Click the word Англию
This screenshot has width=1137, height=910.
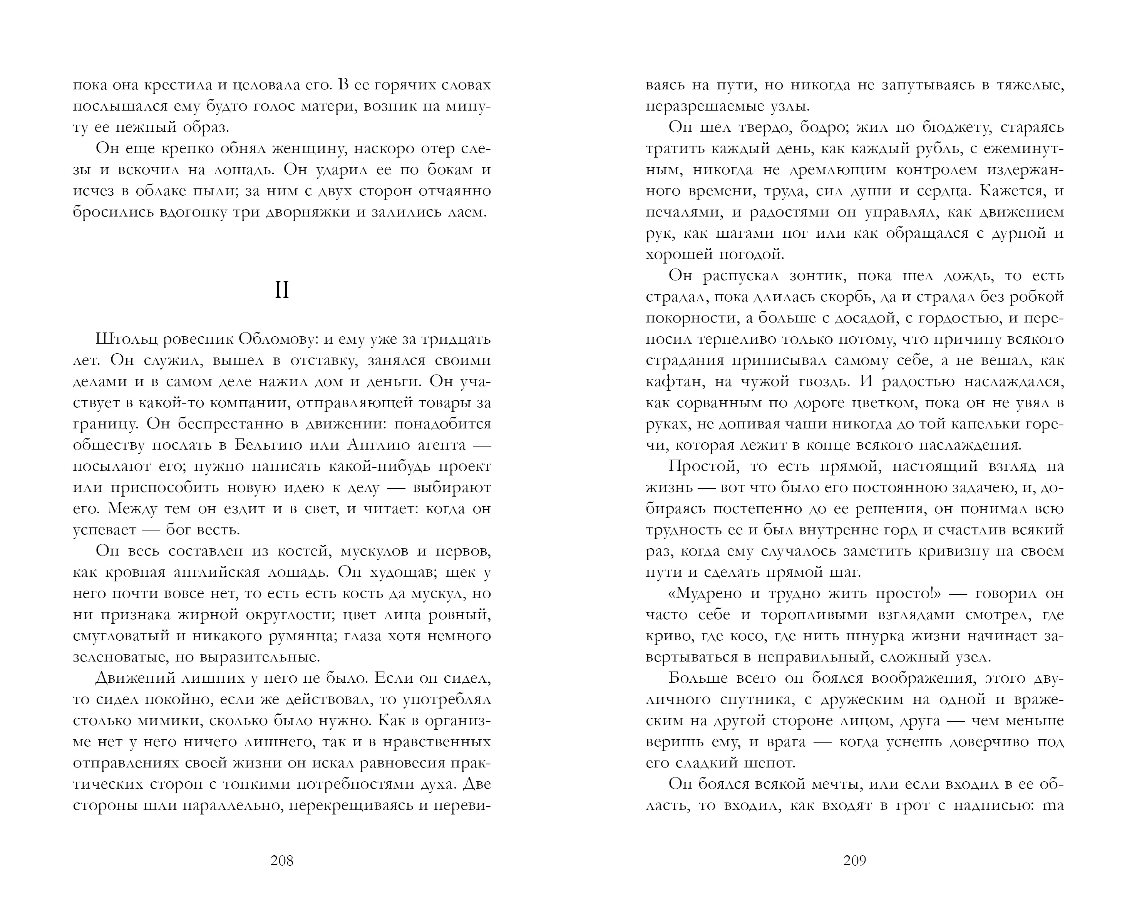(x=378, y=445)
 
